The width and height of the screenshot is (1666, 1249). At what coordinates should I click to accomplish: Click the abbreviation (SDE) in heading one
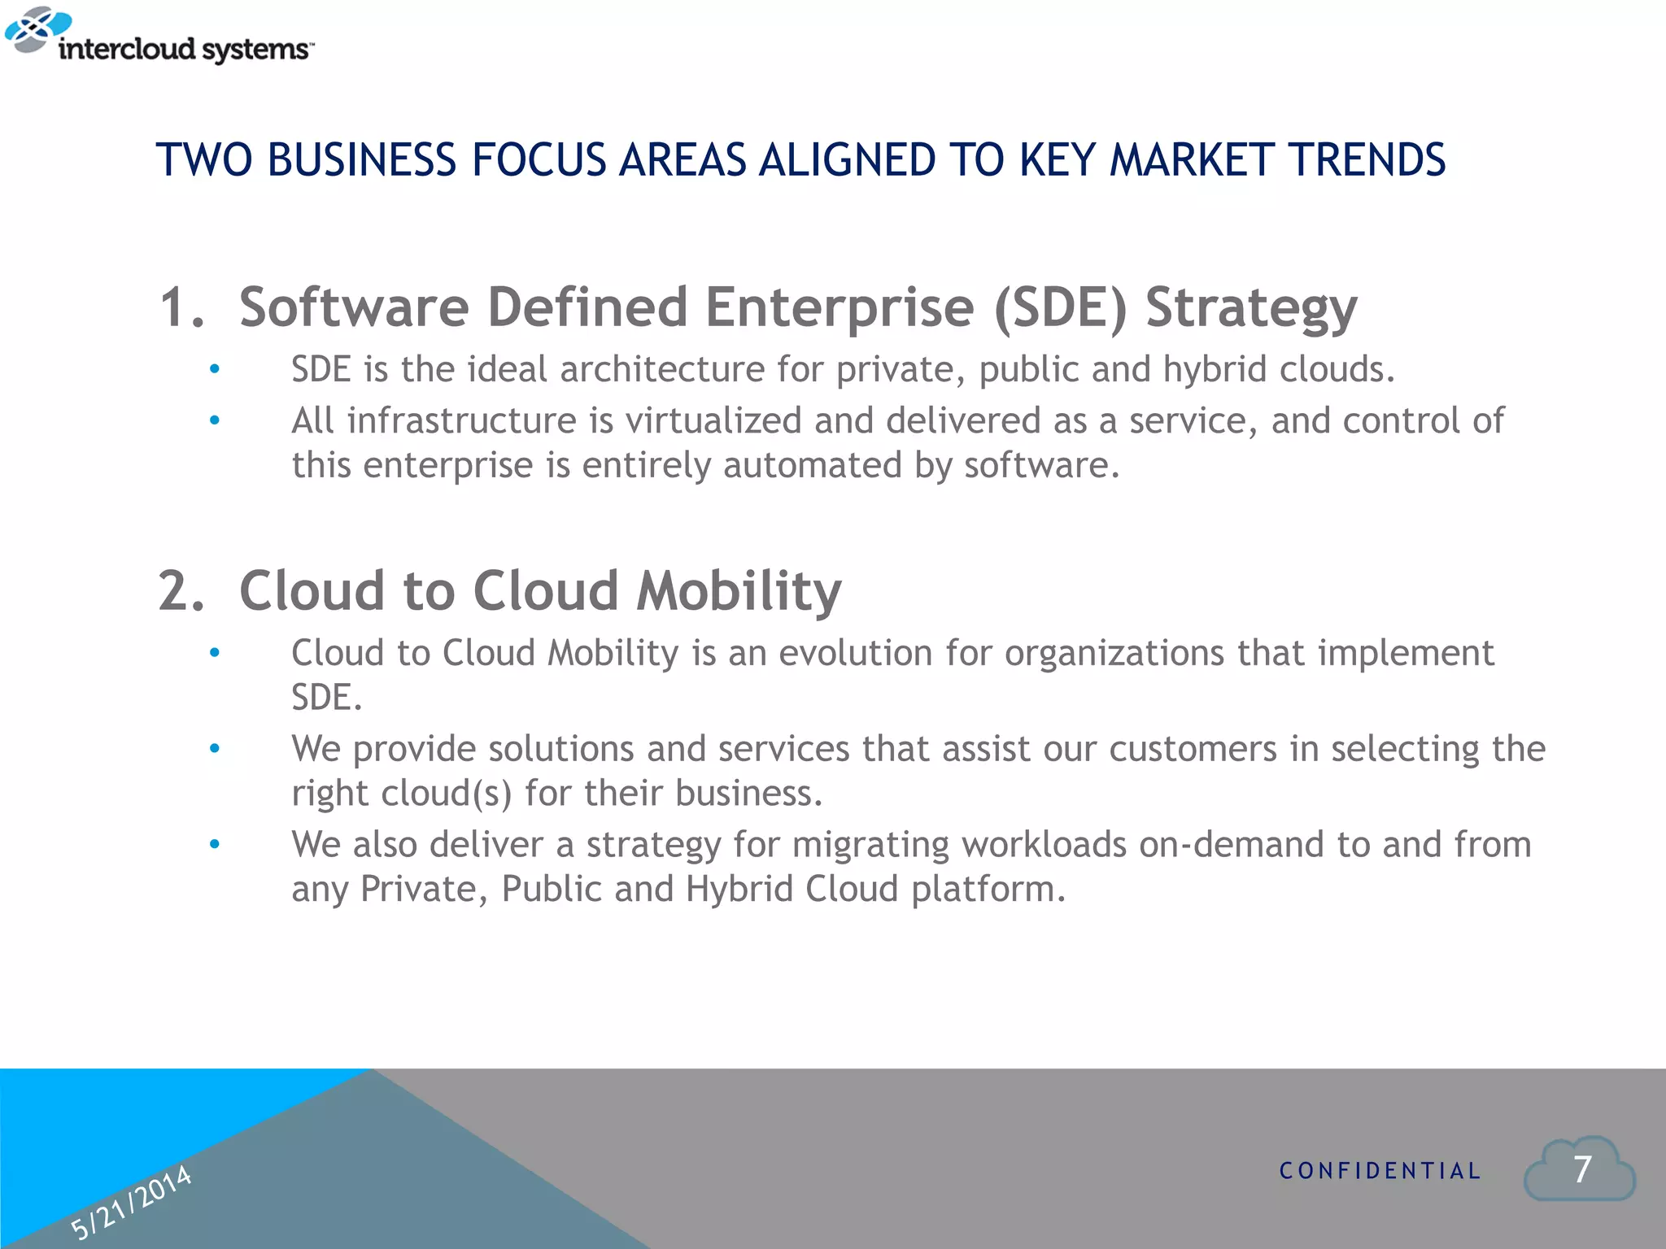coord(1061,308)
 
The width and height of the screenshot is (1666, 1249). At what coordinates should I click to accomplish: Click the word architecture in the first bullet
coord(662,370)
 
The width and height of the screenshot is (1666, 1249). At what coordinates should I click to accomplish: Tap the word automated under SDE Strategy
coord(812,466)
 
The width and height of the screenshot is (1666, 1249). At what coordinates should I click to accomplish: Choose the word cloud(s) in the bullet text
coord(447,794)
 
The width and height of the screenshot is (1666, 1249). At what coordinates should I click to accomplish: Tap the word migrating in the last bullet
coord(870,845)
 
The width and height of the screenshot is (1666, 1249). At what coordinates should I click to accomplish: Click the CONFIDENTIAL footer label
coord(1380,1171)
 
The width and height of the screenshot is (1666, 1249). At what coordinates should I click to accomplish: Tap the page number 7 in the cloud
coord(1582,1170)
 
